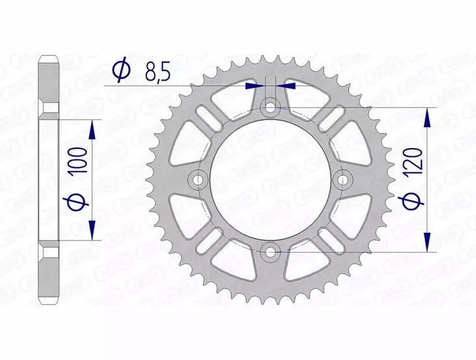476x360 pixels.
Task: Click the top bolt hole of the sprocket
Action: click(270, 107)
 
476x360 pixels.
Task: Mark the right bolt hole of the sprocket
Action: click(342, 179)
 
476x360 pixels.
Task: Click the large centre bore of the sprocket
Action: click(270, 179)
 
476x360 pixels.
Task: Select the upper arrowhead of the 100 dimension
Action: click(92, 129)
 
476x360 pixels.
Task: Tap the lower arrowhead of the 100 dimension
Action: click(92, 229)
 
